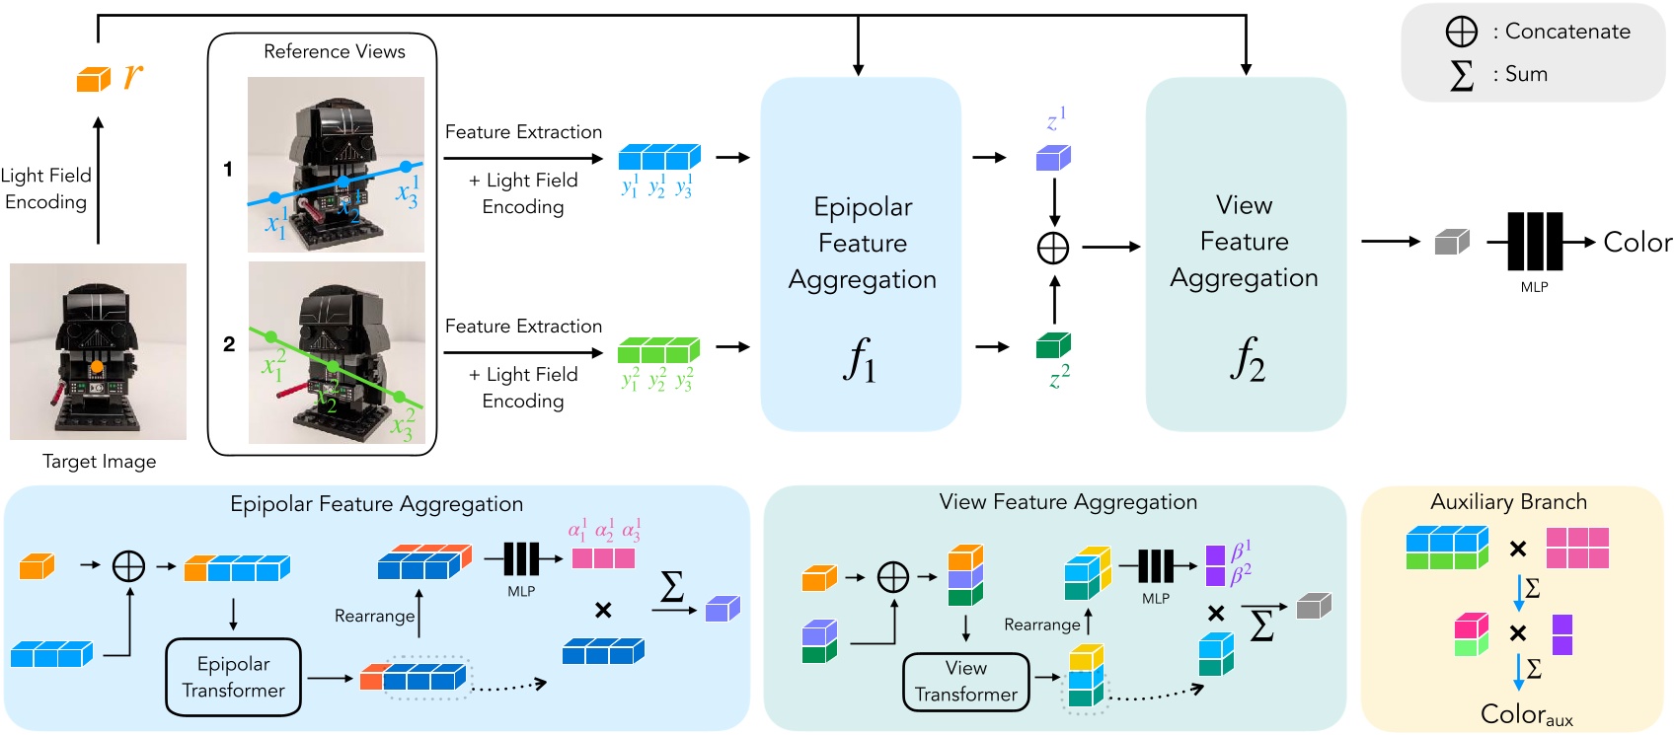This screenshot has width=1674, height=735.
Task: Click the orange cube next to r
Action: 93,79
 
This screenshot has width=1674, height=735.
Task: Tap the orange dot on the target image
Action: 97,367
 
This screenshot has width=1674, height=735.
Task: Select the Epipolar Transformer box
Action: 233,677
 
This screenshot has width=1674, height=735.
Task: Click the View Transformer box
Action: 965,682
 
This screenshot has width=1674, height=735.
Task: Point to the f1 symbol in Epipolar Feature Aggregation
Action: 860,360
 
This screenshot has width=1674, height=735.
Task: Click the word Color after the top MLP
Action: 1636,243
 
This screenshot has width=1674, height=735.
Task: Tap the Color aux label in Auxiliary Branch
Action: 1526,715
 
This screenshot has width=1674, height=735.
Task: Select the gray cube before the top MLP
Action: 1451,242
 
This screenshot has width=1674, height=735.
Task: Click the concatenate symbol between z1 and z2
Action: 1053,248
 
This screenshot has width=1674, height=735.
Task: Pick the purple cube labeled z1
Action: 1053,158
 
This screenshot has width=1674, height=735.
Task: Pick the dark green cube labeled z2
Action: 1053,345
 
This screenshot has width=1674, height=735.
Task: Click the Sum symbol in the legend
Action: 1461,75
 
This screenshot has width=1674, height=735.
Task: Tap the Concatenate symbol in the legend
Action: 1461,32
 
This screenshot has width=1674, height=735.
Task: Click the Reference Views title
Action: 334,51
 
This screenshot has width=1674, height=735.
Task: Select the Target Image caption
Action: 99,462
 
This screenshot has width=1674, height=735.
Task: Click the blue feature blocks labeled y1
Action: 658,157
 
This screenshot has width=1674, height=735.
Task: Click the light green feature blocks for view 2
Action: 658,350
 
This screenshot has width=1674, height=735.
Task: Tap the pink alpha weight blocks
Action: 603,557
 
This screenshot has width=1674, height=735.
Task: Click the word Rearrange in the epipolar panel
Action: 374,616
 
